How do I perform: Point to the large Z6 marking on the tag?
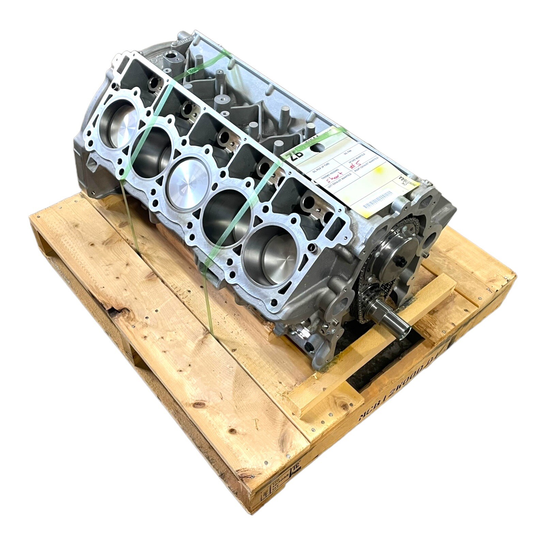pyautogui.click(x=295, y=156)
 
